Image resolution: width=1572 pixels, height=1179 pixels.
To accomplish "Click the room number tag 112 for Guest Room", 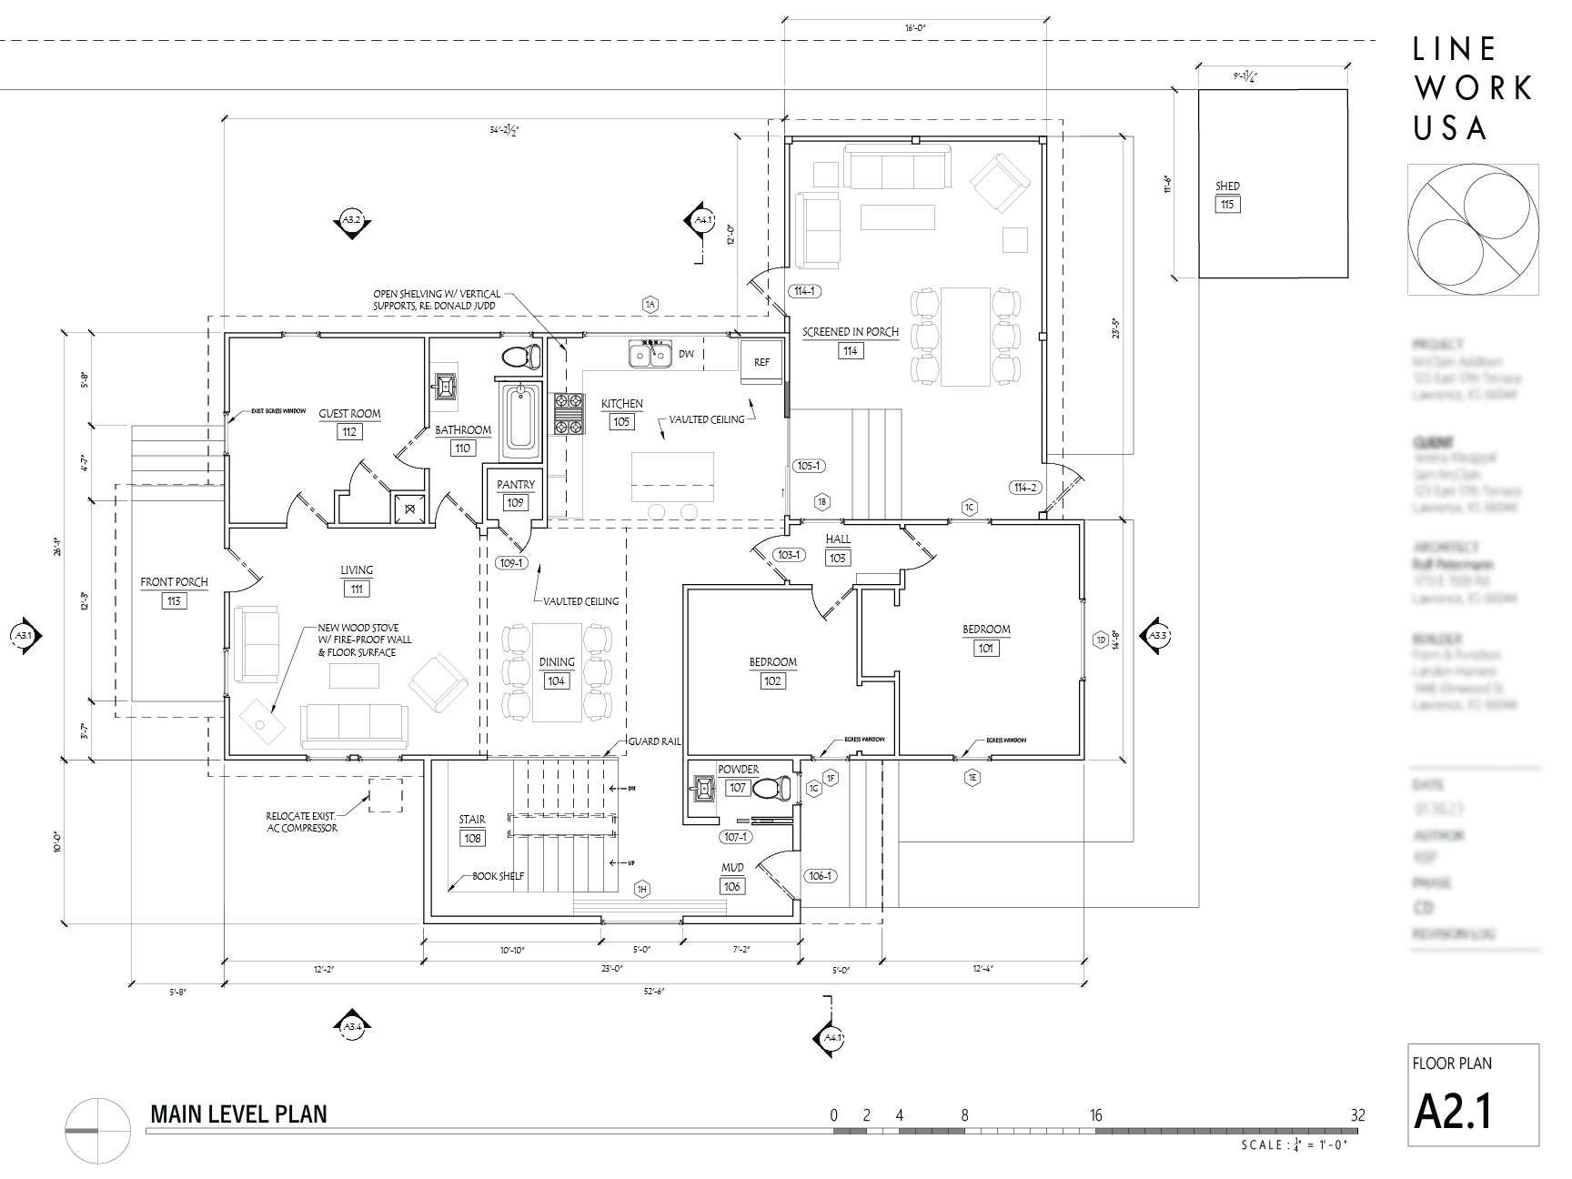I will [349, 432].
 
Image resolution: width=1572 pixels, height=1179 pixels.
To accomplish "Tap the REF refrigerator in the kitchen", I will [761, 362].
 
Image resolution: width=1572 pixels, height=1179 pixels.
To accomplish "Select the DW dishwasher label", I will [686, 354].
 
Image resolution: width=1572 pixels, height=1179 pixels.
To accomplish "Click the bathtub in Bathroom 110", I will [520, 418].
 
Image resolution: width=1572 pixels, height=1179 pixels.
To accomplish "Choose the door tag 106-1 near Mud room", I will [819, 876].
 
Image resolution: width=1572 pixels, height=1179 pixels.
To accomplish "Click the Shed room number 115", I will [1227, 205].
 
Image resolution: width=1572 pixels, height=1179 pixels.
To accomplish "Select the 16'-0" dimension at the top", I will [915, 29].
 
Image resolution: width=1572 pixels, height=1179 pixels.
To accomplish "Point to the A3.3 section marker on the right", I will [1156, 636].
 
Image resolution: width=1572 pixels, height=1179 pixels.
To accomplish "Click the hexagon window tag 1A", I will [650, 305].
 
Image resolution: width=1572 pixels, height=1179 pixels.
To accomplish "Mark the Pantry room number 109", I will [516, 503].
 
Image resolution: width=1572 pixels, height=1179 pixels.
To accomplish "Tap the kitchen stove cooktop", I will [569, 413].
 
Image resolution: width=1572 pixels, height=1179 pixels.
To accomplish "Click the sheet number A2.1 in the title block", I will [1453, 1111].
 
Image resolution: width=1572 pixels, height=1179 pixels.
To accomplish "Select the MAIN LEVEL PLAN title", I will [238, 1113].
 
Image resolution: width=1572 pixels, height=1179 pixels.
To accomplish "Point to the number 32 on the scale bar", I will [1358, 1115].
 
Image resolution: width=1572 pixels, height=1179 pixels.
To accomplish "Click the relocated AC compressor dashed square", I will [384, 795].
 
